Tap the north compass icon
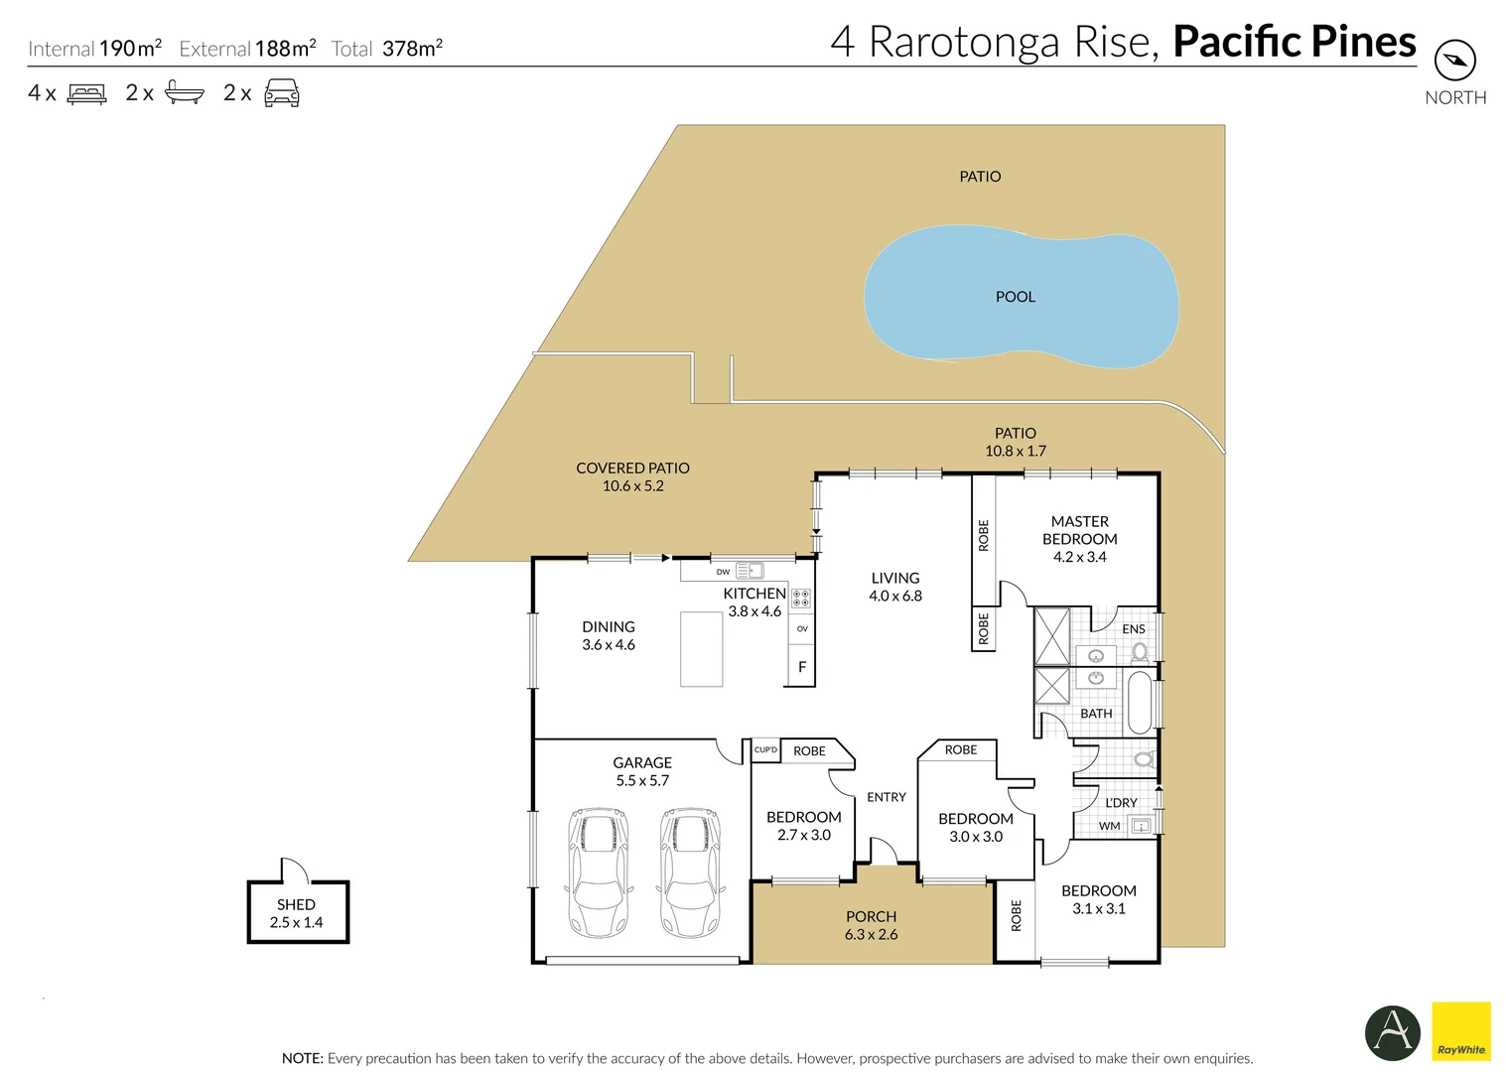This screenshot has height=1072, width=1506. [x=1454, y=61]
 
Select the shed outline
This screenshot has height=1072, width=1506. [x=298, y=911]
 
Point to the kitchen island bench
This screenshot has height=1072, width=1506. [x=701, y=648]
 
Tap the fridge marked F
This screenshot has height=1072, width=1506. [x=801, y=667]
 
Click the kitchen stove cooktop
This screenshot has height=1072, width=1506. [x=801, y=598]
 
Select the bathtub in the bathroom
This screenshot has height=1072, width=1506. [x=1141, y=702]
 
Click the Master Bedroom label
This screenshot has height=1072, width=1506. [x=1079, y=530]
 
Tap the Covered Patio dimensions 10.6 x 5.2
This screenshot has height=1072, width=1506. [x=632, y=485]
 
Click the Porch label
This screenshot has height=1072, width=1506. [x=871, y=916]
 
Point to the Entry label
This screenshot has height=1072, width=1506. [x=886, y=797]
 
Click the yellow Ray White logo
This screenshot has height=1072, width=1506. [x=1460, y=1031]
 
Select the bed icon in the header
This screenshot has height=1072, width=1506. [x=86, y=93]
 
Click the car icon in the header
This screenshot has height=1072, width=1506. [x=281, y=93]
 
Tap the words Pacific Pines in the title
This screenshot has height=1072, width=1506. [x=1294, y=42]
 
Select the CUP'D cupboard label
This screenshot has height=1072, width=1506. [x=765, y=749]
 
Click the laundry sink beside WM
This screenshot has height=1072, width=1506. [x=1141, y=825]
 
